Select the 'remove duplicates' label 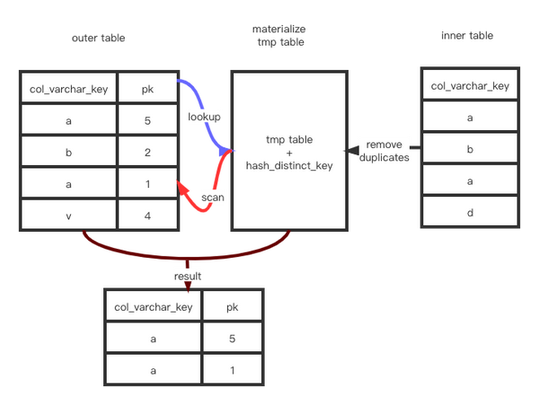coord(384,151)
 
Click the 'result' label coord(189,277)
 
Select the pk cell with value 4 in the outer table coord(148,215)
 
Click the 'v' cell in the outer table coord(68,215)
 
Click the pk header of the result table coord(233,307)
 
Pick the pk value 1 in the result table coord(233,370)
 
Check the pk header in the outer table coord(148,88)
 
